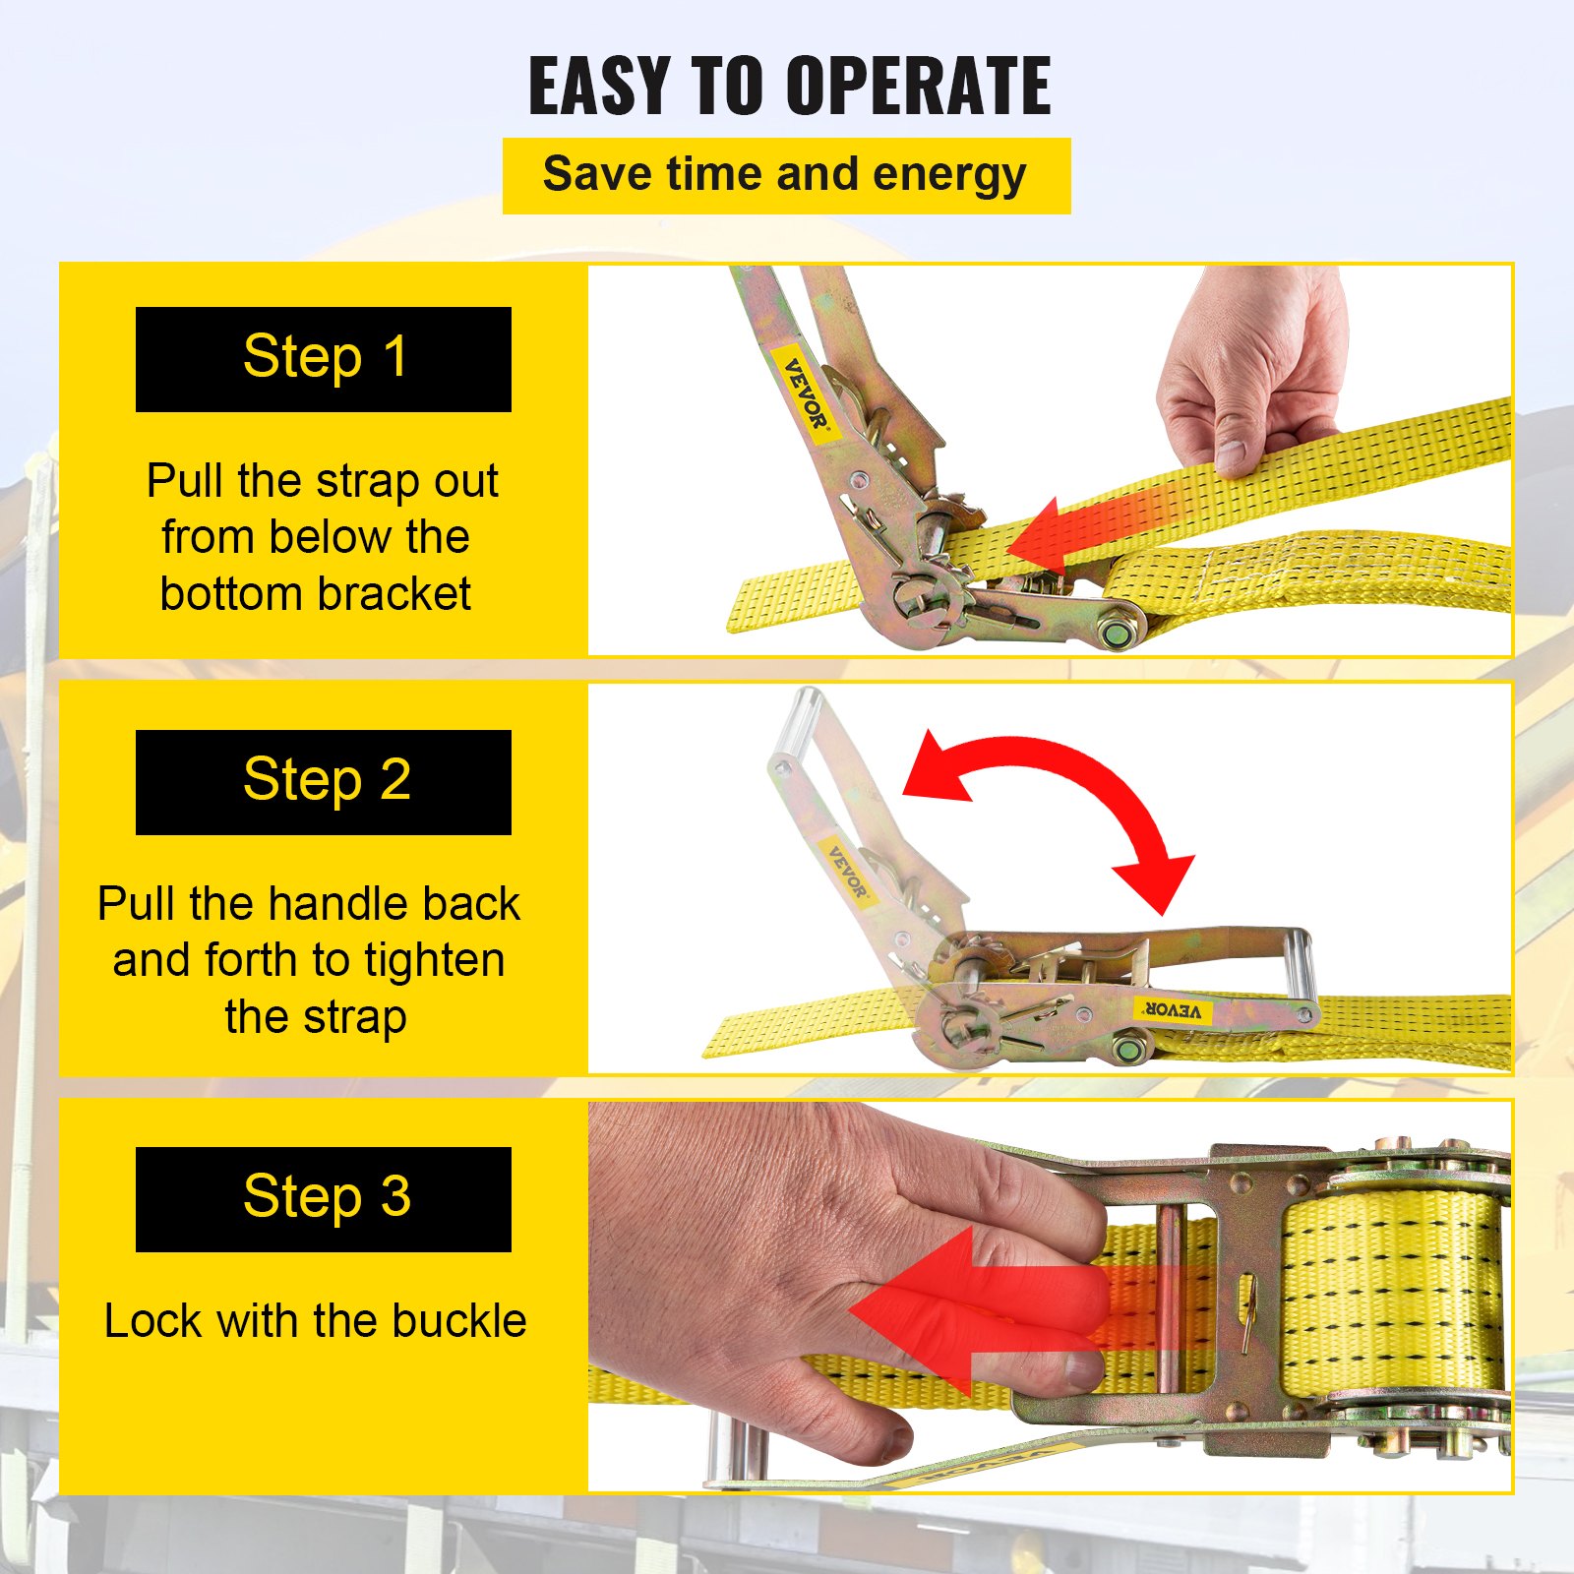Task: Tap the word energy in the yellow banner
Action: (949, 175)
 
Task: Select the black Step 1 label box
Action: (323, 359)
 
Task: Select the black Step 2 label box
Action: (323, 782)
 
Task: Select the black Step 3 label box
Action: (323, 1199)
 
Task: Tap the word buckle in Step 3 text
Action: (457, 1321)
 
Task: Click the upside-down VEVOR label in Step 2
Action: (1172, 1010)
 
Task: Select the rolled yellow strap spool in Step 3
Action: (1392, 1289)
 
